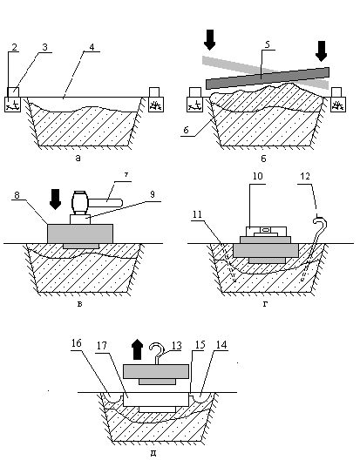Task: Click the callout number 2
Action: [x=15, y=47]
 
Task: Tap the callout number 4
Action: [x=92, y=47]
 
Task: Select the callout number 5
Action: [x=268, y=44]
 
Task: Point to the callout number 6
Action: [x=187, y=130]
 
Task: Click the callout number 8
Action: [x=17, y=195]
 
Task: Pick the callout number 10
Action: [x=257, y=176]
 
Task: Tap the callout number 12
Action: [x=305, y=176]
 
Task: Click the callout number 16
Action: [x=77, y=343]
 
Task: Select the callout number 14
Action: [x=221, y=345]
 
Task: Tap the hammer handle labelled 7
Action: [x=105, y=202]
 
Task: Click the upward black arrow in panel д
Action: [x=138, y=349]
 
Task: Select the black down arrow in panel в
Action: [x=55, y=200]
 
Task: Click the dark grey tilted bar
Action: [x=268, y=78]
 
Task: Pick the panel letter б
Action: [x=263, y=159]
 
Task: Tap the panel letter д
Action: [x=153, y=453]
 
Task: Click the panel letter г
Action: [x=265, y=304]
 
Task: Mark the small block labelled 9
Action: [x=80, y=220]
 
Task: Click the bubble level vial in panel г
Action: [x=265, y=230]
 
